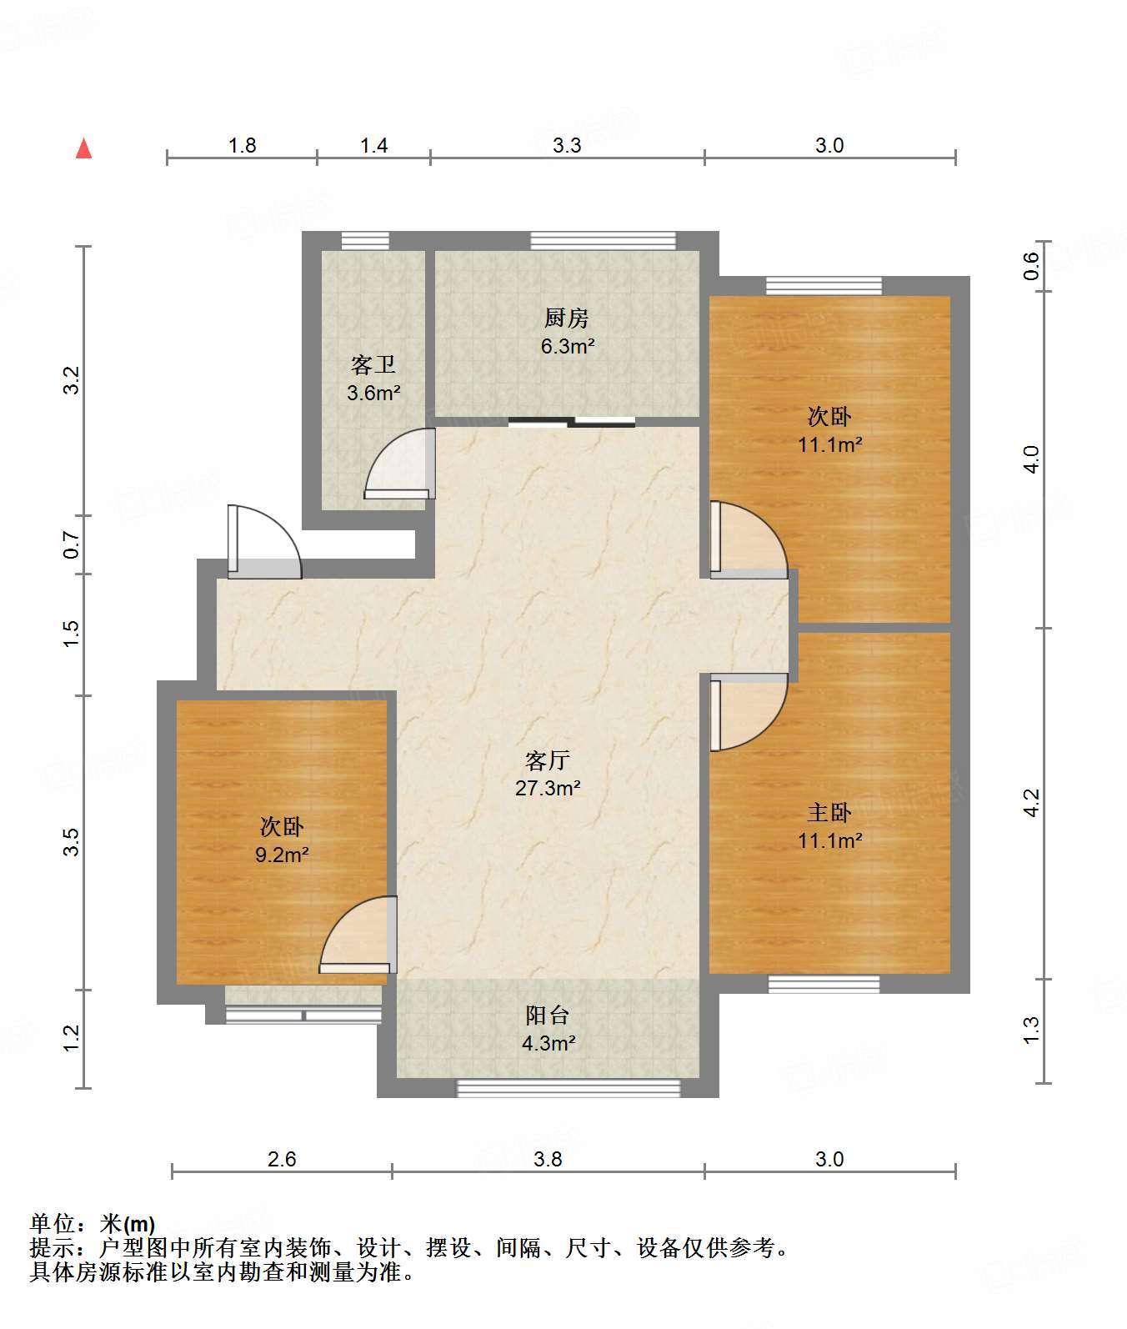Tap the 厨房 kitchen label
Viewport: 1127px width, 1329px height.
point(567,318)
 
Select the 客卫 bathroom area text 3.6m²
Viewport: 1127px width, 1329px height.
point(374,392)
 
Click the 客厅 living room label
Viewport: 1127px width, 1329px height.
point(548,760)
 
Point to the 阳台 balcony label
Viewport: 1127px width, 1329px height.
point(548,1015)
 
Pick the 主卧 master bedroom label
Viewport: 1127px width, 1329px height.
point(829,812)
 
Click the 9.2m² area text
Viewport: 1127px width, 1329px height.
point(283,854)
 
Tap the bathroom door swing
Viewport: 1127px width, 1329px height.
point(400,464)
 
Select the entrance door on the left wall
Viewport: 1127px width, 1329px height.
point(264,541)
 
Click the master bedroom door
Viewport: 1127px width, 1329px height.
point(749,711)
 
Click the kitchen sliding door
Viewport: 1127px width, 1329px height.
point(572,422)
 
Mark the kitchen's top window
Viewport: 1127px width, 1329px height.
point(604,241)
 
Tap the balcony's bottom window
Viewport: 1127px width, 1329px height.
point(569,1088)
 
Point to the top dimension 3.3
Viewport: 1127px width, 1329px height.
point(567,145)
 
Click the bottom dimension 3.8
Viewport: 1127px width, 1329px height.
point(548,1159)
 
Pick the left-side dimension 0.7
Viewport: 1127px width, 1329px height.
point(72,546)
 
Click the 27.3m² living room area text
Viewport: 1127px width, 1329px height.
point(548,788)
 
